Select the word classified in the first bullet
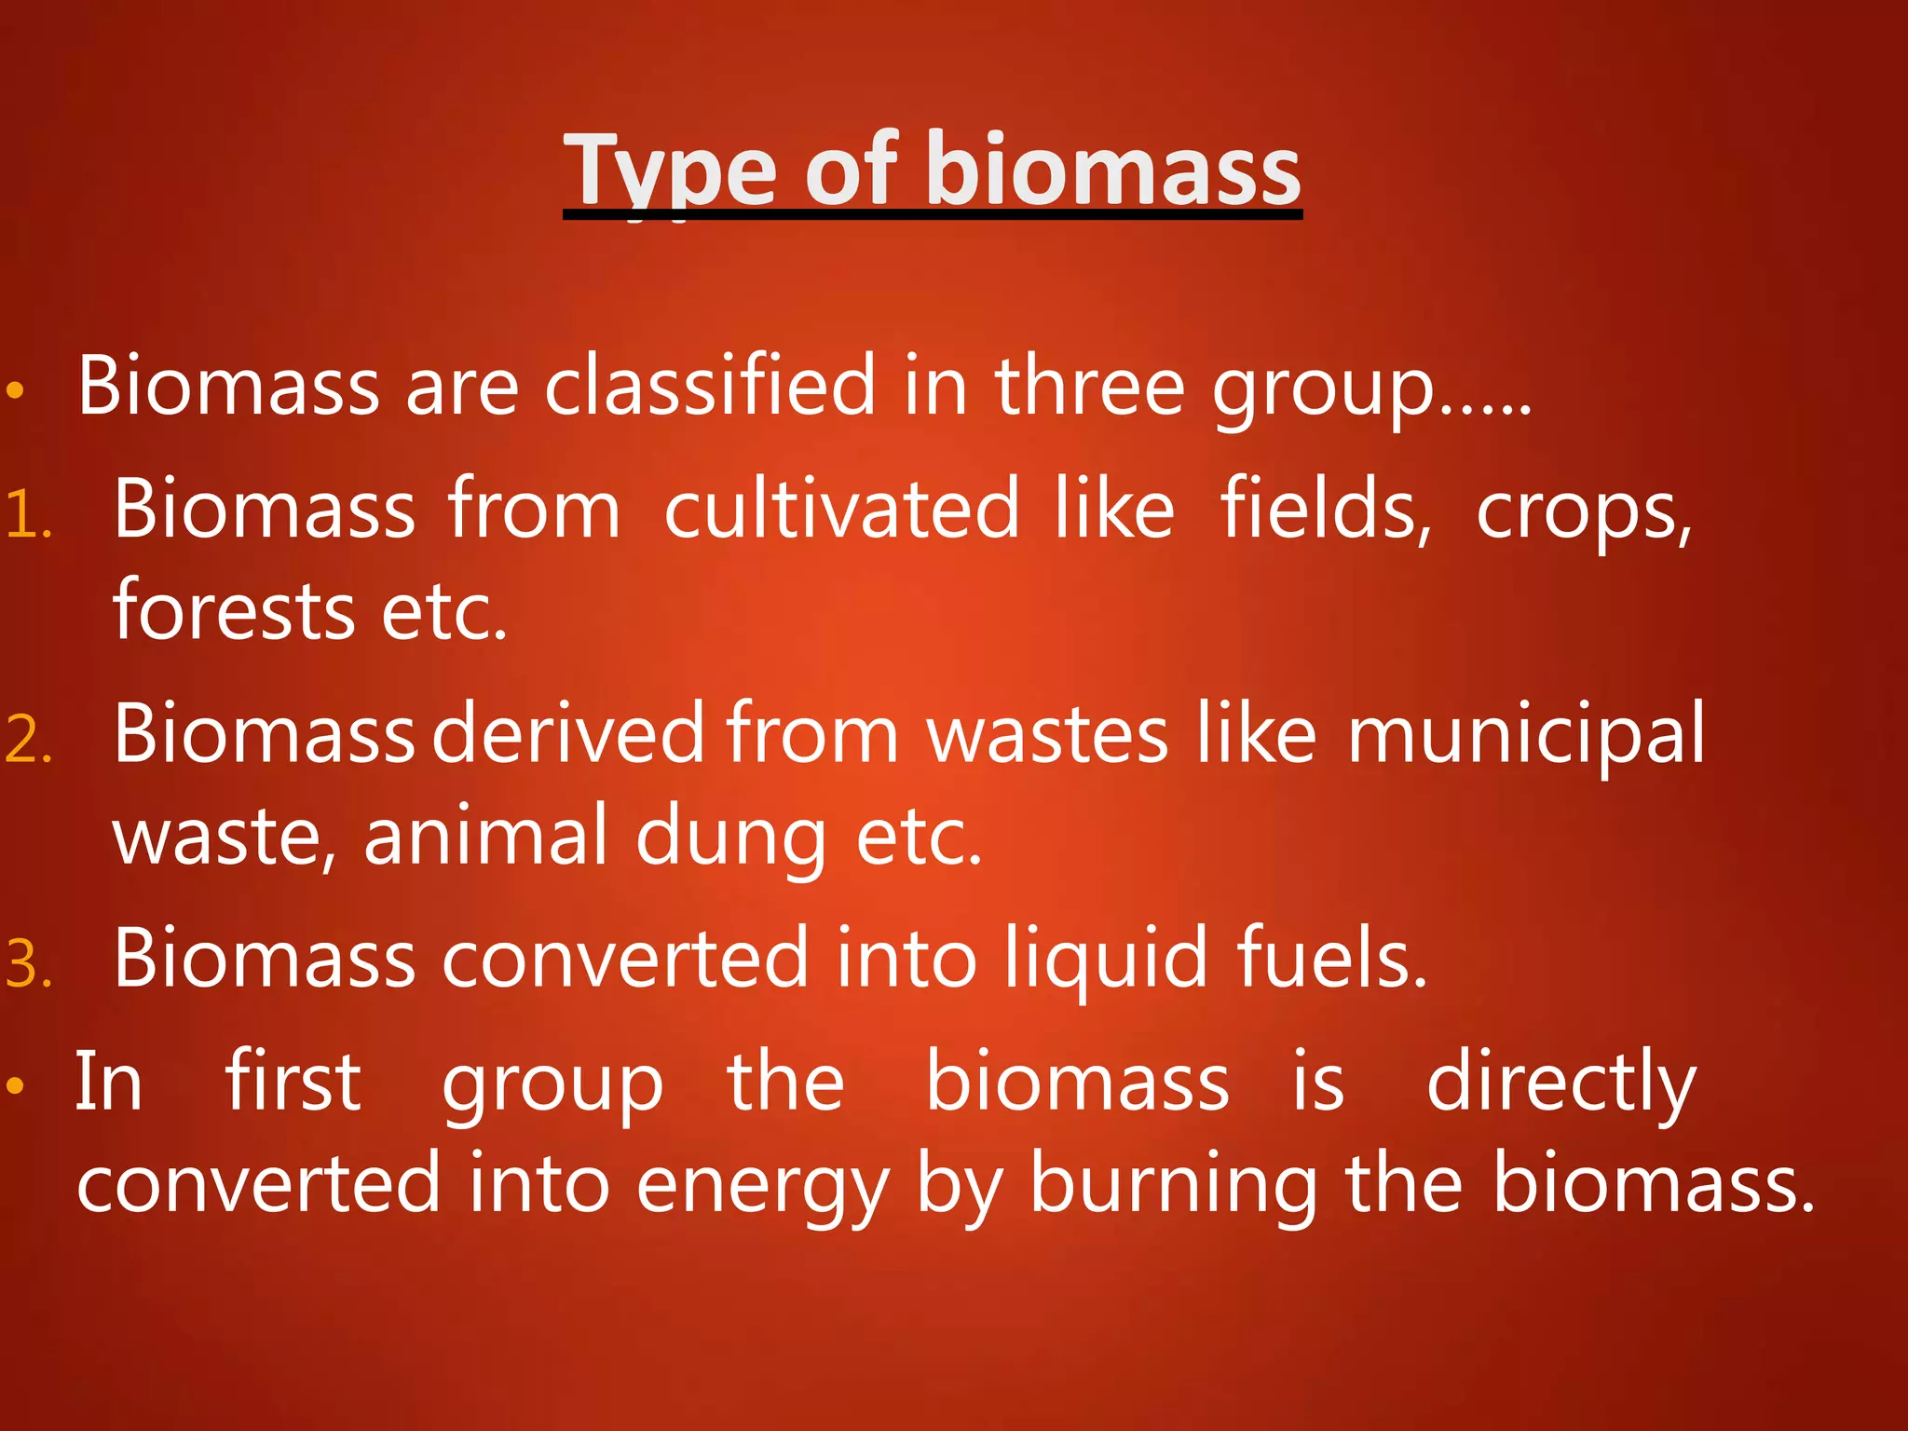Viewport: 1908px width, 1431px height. [710, 386]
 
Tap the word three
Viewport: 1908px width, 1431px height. [1089, 386]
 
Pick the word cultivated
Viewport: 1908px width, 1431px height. [841, 510]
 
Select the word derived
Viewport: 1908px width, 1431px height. [568, 734]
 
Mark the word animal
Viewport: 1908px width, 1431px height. [484, 836]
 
